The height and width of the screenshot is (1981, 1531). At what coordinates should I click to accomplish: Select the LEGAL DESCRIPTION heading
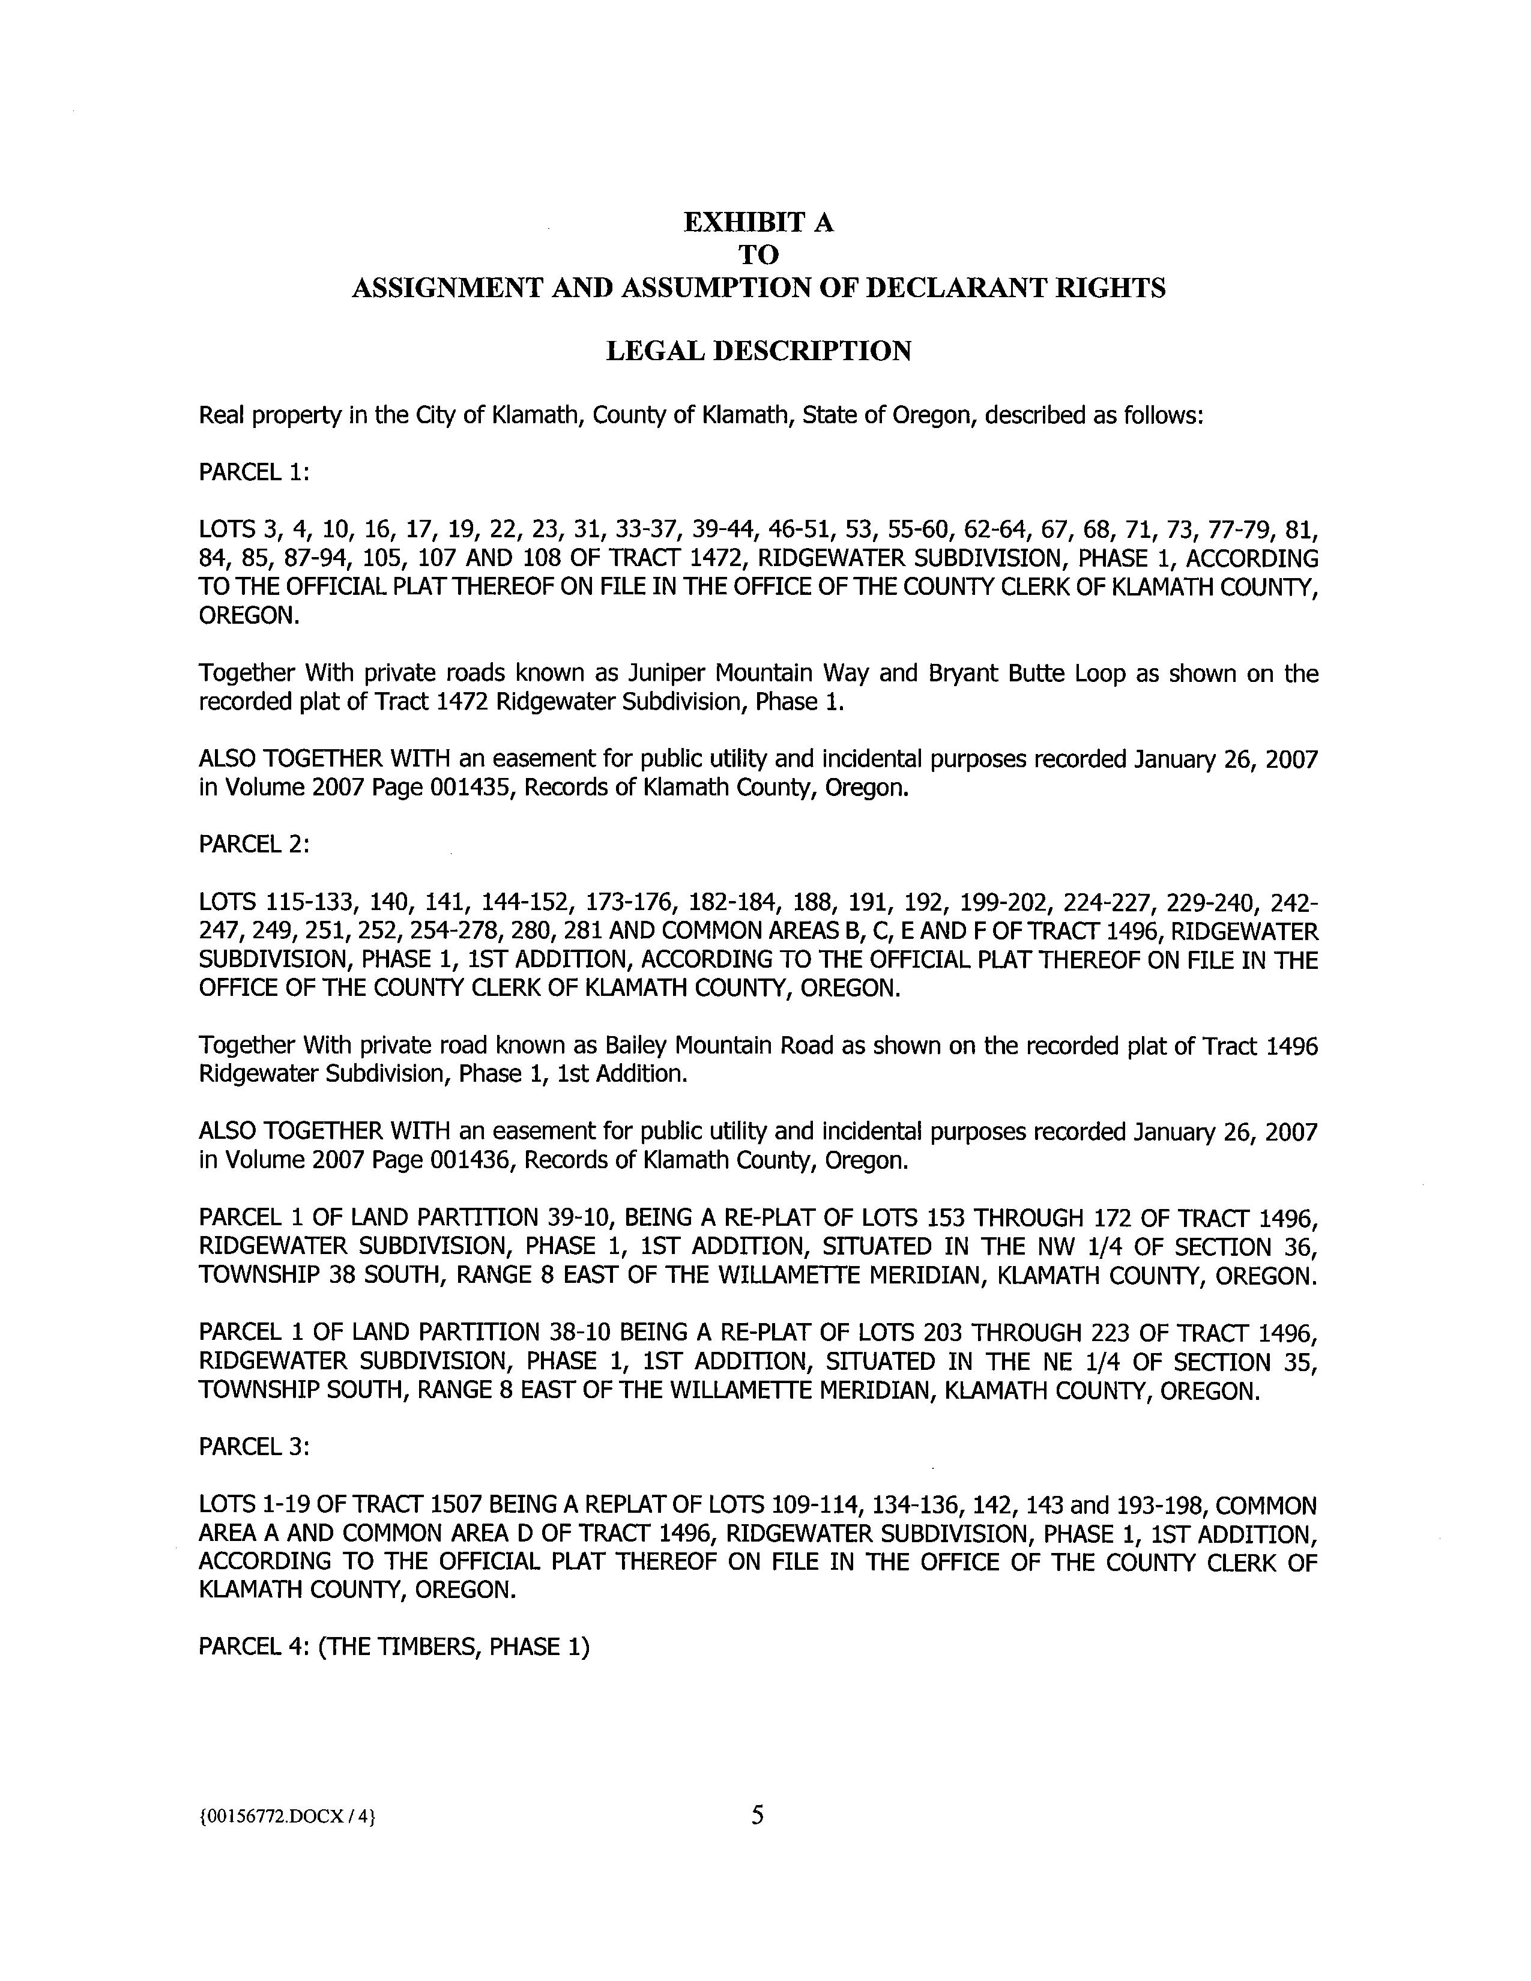758,351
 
